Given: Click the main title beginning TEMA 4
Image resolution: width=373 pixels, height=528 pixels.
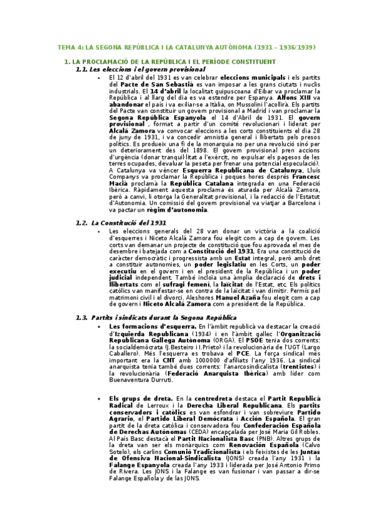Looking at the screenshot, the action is tap(186, 47).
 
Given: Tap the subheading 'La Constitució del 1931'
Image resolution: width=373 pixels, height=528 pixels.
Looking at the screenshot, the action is tap(128, 222).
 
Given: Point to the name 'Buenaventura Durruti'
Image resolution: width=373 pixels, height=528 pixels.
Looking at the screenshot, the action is tap(141, 379).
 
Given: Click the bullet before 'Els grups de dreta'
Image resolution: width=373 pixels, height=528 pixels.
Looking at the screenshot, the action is tap(99, 398).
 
